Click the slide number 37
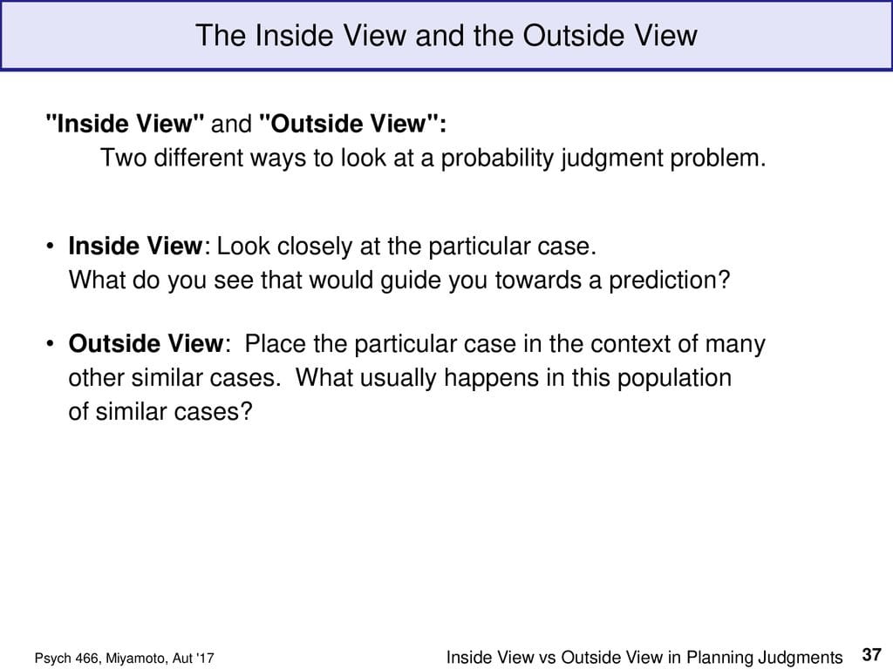871,653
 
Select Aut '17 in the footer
194,659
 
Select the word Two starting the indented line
119,159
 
